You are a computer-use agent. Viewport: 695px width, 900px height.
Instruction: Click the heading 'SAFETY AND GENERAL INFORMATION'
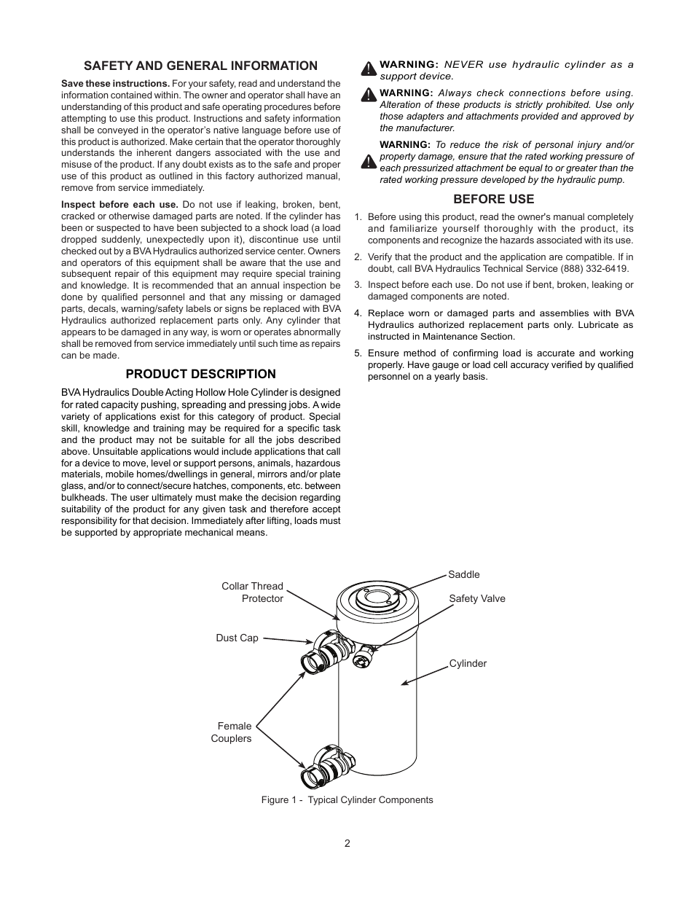[200, 66]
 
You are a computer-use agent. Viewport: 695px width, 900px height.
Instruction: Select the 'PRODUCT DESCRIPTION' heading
[200, 374]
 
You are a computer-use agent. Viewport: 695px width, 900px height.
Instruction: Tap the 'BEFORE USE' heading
[493, 199]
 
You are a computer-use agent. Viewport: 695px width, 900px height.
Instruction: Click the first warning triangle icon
[369, 69]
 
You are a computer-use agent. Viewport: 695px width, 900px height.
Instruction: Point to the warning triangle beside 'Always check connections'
[369, 95]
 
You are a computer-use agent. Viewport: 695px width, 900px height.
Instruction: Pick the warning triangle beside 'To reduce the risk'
[369, 162]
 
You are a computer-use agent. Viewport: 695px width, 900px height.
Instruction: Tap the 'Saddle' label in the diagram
[464, 574]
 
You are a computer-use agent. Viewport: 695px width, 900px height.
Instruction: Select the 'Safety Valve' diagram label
[476, 598]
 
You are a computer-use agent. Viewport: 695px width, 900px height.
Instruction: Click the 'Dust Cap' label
[237, 638]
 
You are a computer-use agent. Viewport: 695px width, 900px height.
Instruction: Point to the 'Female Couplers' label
[232, 732]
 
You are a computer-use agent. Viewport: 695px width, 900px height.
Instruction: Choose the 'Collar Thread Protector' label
[253, 592]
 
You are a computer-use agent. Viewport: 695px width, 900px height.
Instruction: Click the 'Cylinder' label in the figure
[468, 663]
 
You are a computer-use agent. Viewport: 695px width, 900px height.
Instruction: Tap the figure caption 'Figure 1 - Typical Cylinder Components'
[347, 799]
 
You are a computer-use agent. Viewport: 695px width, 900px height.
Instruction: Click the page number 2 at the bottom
[347, 843]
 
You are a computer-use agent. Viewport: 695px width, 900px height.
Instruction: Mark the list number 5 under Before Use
[358, 353]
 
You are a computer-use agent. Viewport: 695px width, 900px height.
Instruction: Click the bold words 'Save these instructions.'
[115, 84]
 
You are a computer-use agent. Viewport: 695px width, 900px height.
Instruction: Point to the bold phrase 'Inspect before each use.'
[119, 205]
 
